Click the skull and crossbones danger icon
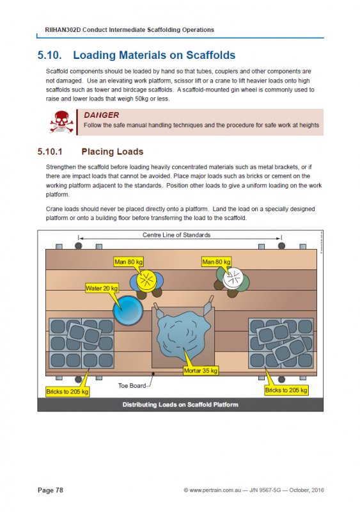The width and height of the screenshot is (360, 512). click(60, 121)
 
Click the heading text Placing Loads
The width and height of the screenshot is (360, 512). click(113, 152)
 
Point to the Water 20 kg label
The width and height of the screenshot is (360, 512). click(102, 289)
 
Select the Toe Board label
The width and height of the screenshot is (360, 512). click(132, 386)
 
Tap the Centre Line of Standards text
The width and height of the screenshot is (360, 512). click(176, 236)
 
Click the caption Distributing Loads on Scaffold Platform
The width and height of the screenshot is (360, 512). click(180, 404)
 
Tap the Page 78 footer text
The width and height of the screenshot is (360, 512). click(51, 490)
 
